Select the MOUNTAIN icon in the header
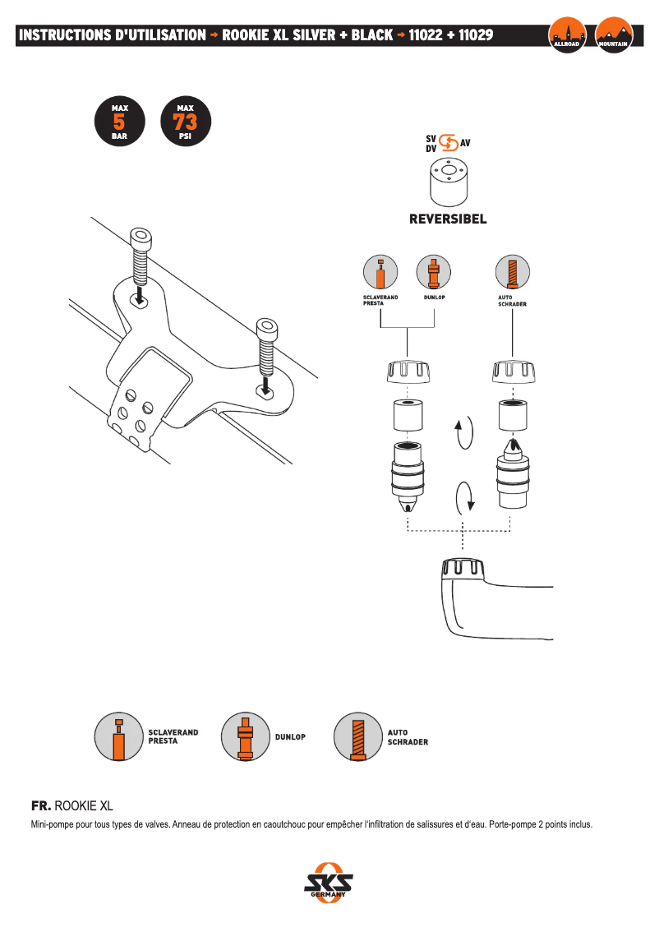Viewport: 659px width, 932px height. point(614,35)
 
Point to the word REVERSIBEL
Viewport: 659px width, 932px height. point(448,219)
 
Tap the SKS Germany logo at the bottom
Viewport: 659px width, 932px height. point(329,884)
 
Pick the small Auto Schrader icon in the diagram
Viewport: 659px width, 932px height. point(513,272)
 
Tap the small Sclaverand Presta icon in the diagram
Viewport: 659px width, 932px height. point(380,272)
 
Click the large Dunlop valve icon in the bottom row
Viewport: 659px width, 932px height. point(244,736)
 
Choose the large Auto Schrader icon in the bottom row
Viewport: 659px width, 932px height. point(357,736)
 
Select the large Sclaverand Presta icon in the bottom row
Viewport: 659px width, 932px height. point(119,736)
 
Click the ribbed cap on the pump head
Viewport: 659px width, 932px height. point(465,568)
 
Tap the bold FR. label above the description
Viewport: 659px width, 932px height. point(40,805)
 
